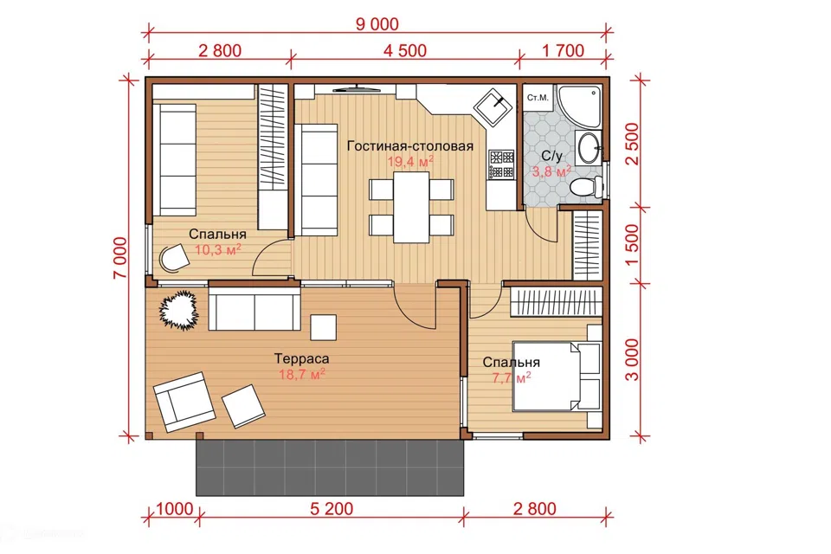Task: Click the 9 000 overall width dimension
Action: pyautogui.click(x=377, y=24)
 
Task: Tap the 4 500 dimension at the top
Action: pyautogui.click(x=405, y=50)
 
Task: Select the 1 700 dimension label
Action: pyautogui.click(x=563, y=50)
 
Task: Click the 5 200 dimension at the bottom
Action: pyautogui.click(x=332, y=509)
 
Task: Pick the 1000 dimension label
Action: pyautogui.click(x=174, y=509)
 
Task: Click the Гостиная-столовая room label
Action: pyautogui.click(x=410, y=145)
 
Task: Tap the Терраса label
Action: pyautogui.click(x=301, y=358)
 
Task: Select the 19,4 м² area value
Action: pyautogui.click(x=410, y=161)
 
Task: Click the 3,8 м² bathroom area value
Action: pyautogui.click(x=551, y=171)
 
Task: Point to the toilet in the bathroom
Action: pyautogui.click(x=587, y=187)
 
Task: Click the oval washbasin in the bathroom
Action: pyautogui.click(x=588, y=147)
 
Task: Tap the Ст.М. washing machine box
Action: pyautogui.click(x=538, y=98)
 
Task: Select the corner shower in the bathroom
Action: pyautogui.click(x=579, y=105)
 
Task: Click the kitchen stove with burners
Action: pyautogui.click(x=501, y=164)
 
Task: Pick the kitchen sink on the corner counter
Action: pyautogui.click(x=493, y=107)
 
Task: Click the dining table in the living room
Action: pyautogui.click(x=410, y=207)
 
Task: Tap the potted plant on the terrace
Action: pyautogui.click(x=179, y=310)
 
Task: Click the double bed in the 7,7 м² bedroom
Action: pyautogui.click(x=557, y=377)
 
